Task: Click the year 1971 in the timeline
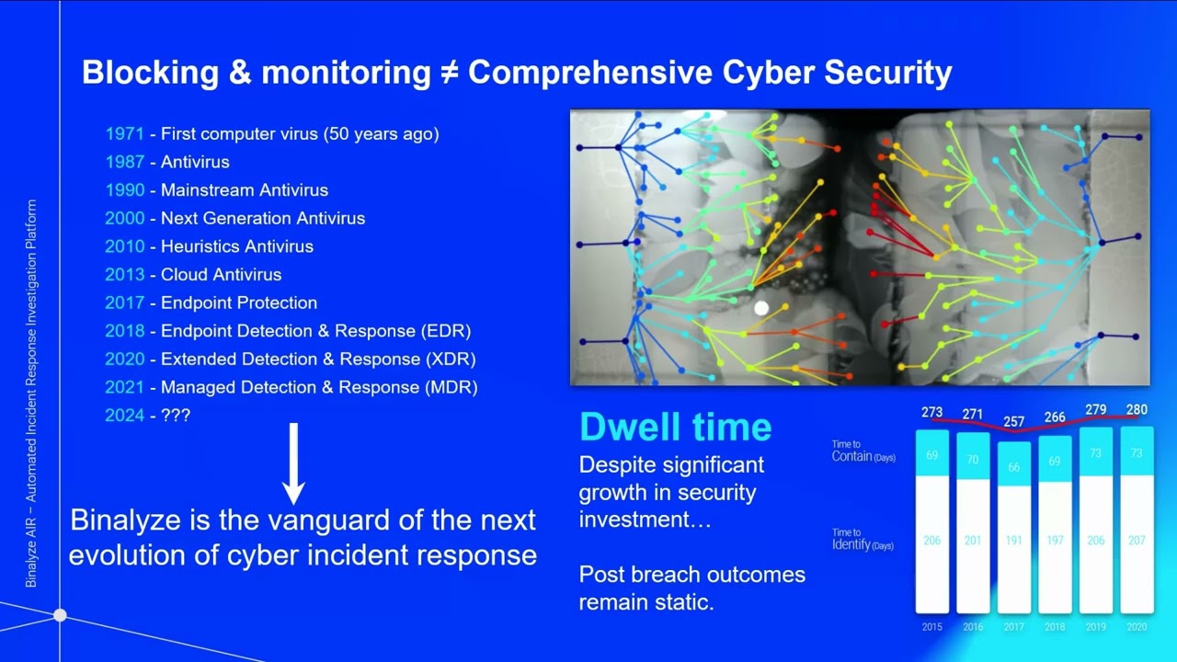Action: pyautogui.click(x=124, y=133)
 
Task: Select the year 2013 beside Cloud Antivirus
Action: pyautogui.click(x=124, y=274)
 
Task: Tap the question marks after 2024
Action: pyautogui.click(x=176, y=415)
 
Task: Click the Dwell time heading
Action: pyautogui.click(x=675, y=427)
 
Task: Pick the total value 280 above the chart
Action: pyautogui.click(x=1137, y=410)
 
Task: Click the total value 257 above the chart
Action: pyautogui.click(x=1013, y=422)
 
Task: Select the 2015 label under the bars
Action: pyautogui.click(x=932, y=627)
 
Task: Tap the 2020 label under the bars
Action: pyautogui.click(x=1137, y=627)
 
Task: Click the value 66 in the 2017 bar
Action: pyautogui.click(x=1013, y=468)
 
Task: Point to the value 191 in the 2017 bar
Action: pyautogui.click(x=1013, y=541)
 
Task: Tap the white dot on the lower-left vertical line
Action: pyautogui.click(x=60, y=614)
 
